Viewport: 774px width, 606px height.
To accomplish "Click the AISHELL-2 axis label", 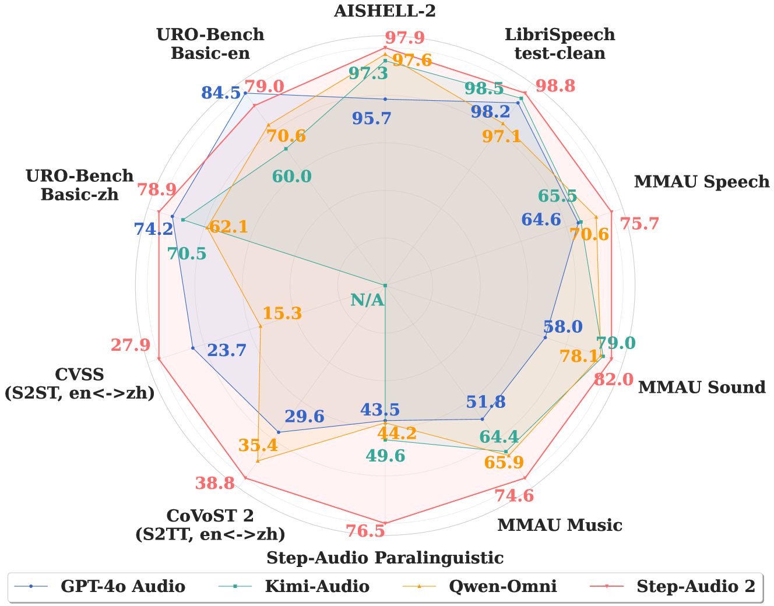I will pyautogui.click(x=385, y=10).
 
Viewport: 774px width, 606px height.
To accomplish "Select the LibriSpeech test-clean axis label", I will pyautogui.click(x=560, y=44).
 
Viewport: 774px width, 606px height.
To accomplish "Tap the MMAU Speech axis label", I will pyautogui.click(x=701, y=182).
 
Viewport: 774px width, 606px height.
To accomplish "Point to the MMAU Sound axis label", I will pyautogui.click(x=702, y=387).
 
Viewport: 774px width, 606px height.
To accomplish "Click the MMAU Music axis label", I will pyautogui.click(x=560, y=525).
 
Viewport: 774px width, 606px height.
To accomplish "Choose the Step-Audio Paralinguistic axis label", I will pyautogui.click(x=385, y=558).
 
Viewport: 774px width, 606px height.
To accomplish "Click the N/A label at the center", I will pyautogui.click(x=367, y=300).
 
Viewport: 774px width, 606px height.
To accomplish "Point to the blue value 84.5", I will pyautogui.click(x=221, y=93).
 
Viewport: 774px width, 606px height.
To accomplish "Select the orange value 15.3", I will pyautogui.click(x=282, y=313).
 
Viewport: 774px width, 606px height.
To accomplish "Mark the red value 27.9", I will pyautogui.click(x=130, y=345).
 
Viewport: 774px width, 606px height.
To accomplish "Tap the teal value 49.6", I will pyautogui.click(x=385, y=456).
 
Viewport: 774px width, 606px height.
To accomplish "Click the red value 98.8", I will pyautogui.click(x=555, y=86).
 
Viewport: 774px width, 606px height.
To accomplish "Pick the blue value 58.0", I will pyautogui.click(x=563, y=327).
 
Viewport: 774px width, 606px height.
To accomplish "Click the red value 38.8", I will pyautogui.click(x=215, y=483).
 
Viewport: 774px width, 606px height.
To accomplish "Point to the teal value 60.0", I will pyautogui.click(x=292, y=177).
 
